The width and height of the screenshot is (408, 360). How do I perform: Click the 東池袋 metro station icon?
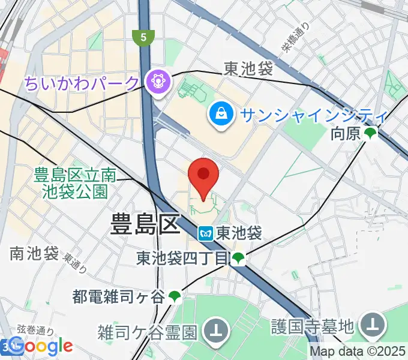tap(206, 233)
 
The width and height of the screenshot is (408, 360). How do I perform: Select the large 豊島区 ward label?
tap(145, 226)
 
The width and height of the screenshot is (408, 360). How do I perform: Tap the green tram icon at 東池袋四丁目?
tap(239, 259)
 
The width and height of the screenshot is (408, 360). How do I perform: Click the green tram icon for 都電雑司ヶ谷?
tap(175, 296)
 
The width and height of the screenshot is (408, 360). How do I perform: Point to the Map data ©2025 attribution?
tap(358, 352)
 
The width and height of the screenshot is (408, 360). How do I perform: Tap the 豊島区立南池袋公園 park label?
tap(75, 183)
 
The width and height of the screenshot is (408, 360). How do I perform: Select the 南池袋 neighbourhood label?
tap(33, 254)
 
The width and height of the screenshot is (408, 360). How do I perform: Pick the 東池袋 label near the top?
tap(248, 70)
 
